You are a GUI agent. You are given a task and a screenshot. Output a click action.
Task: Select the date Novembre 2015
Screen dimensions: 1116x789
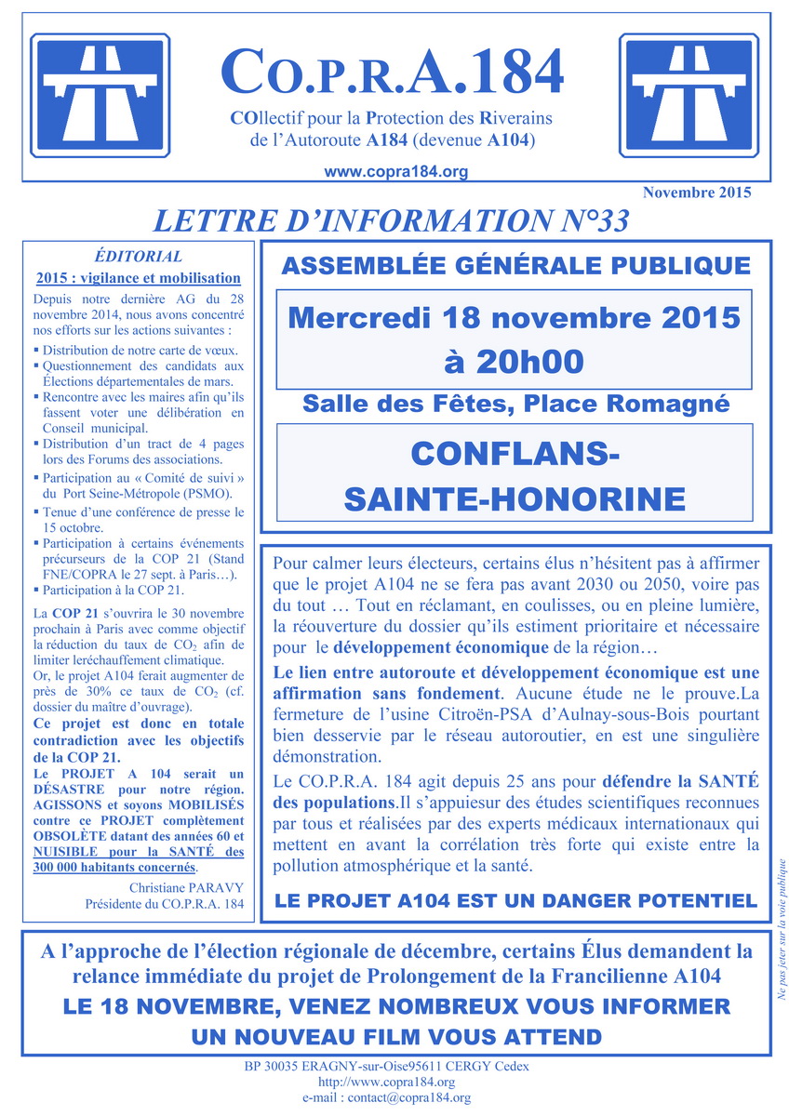(x=696, y=193)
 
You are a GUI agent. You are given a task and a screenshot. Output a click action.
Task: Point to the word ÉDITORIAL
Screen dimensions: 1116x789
(x=139, y=258)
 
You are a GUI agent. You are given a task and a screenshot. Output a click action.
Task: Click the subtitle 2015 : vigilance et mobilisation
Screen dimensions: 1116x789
(x=139, y=278)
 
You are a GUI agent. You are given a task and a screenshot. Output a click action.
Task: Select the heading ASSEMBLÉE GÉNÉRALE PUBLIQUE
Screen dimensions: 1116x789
(x=515, y=266)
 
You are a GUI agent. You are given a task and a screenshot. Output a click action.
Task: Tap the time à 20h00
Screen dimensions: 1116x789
(x=515, y=360)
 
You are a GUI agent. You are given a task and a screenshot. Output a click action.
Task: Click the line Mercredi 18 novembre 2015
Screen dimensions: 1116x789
(x=515, y=317)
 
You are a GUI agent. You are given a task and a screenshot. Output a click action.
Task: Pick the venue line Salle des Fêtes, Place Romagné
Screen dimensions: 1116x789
(x=515, y=405)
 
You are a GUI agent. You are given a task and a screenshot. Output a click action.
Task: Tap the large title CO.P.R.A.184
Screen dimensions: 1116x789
(x=392, y=73)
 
